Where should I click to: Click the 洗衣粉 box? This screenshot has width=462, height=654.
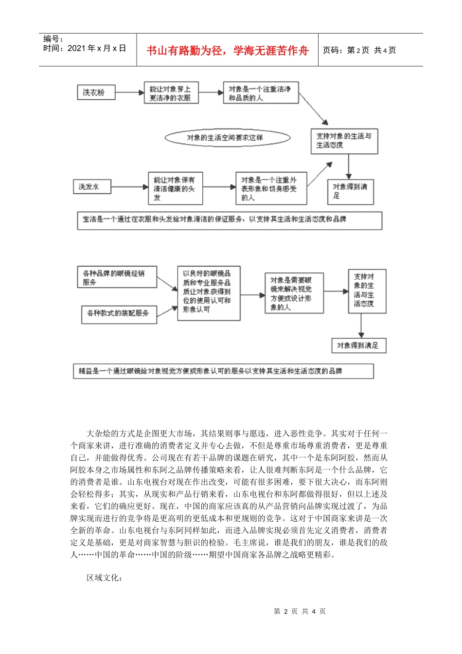tap(96, 92)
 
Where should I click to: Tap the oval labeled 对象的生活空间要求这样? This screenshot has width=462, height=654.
tap(227, 138)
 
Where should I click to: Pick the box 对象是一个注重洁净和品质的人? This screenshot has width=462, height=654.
tap(261, 93)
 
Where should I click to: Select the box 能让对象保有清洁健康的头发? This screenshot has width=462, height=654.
tap(175, 188)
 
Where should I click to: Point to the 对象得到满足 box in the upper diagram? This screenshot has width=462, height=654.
tap(350, 191)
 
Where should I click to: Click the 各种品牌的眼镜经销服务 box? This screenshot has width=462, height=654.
tap(117, 277)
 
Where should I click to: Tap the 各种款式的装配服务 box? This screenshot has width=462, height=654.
tap(119, 313)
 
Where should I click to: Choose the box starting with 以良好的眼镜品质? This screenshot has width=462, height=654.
tap(208, 292)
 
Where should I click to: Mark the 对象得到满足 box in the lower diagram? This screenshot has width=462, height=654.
tap(358, 345)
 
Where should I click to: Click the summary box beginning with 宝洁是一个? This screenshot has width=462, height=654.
tap(230, 220)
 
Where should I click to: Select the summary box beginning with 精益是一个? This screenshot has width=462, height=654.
tap(223, 371)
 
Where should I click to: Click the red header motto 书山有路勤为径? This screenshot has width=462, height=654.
tap(227, 51)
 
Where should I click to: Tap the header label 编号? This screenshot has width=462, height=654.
tap(53, 39)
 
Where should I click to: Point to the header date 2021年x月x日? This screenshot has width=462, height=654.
tap(85, 48)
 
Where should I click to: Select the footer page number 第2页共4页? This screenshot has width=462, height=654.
tap(300, 611)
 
